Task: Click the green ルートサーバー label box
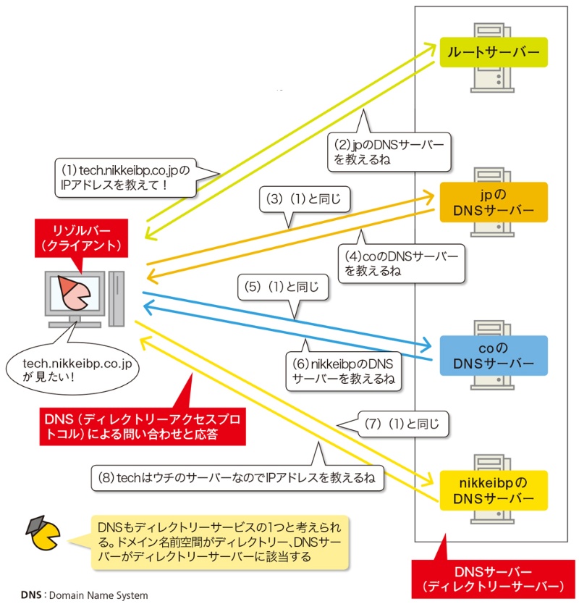point(493,52)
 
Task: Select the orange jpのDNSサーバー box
point(493,202)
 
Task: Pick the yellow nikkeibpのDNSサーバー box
point(493,490)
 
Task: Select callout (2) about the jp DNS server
point(389,150)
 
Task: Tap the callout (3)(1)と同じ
point(305,200)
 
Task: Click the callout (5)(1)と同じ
point(283,288)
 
